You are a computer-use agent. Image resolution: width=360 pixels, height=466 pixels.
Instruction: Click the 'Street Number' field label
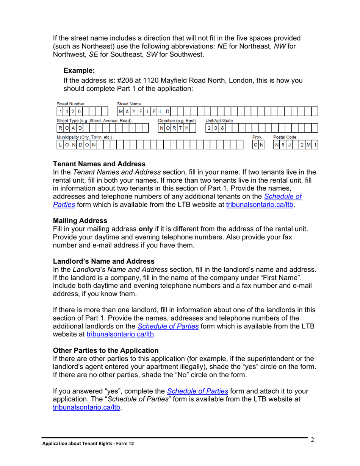point(70,103)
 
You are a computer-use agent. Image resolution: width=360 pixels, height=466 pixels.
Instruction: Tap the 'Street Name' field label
point(129,103)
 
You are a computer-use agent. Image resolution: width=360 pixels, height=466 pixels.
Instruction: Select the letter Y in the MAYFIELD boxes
point(134,111)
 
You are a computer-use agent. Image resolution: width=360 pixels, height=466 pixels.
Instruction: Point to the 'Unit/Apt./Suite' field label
point(219,120)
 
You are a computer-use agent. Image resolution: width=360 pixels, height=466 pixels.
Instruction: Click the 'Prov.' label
point(257,137)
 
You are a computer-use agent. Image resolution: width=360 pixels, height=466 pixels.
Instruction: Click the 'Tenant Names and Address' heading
point(99,164)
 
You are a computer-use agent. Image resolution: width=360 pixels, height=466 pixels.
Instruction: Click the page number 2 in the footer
point(312,440)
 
